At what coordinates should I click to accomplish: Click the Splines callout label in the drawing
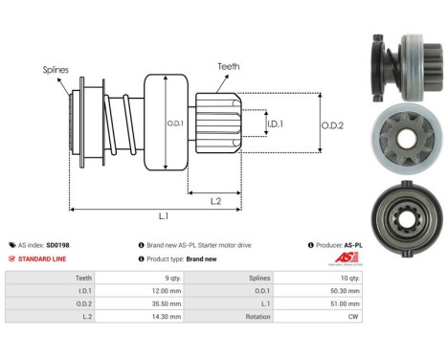(56, 70)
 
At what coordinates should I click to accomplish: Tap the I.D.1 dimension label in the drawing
(275, 124)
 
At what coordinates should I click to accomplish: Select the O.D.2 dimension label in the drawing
(332, 122)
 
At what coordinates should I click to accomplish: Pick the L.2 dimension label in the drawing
(216, 199)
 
